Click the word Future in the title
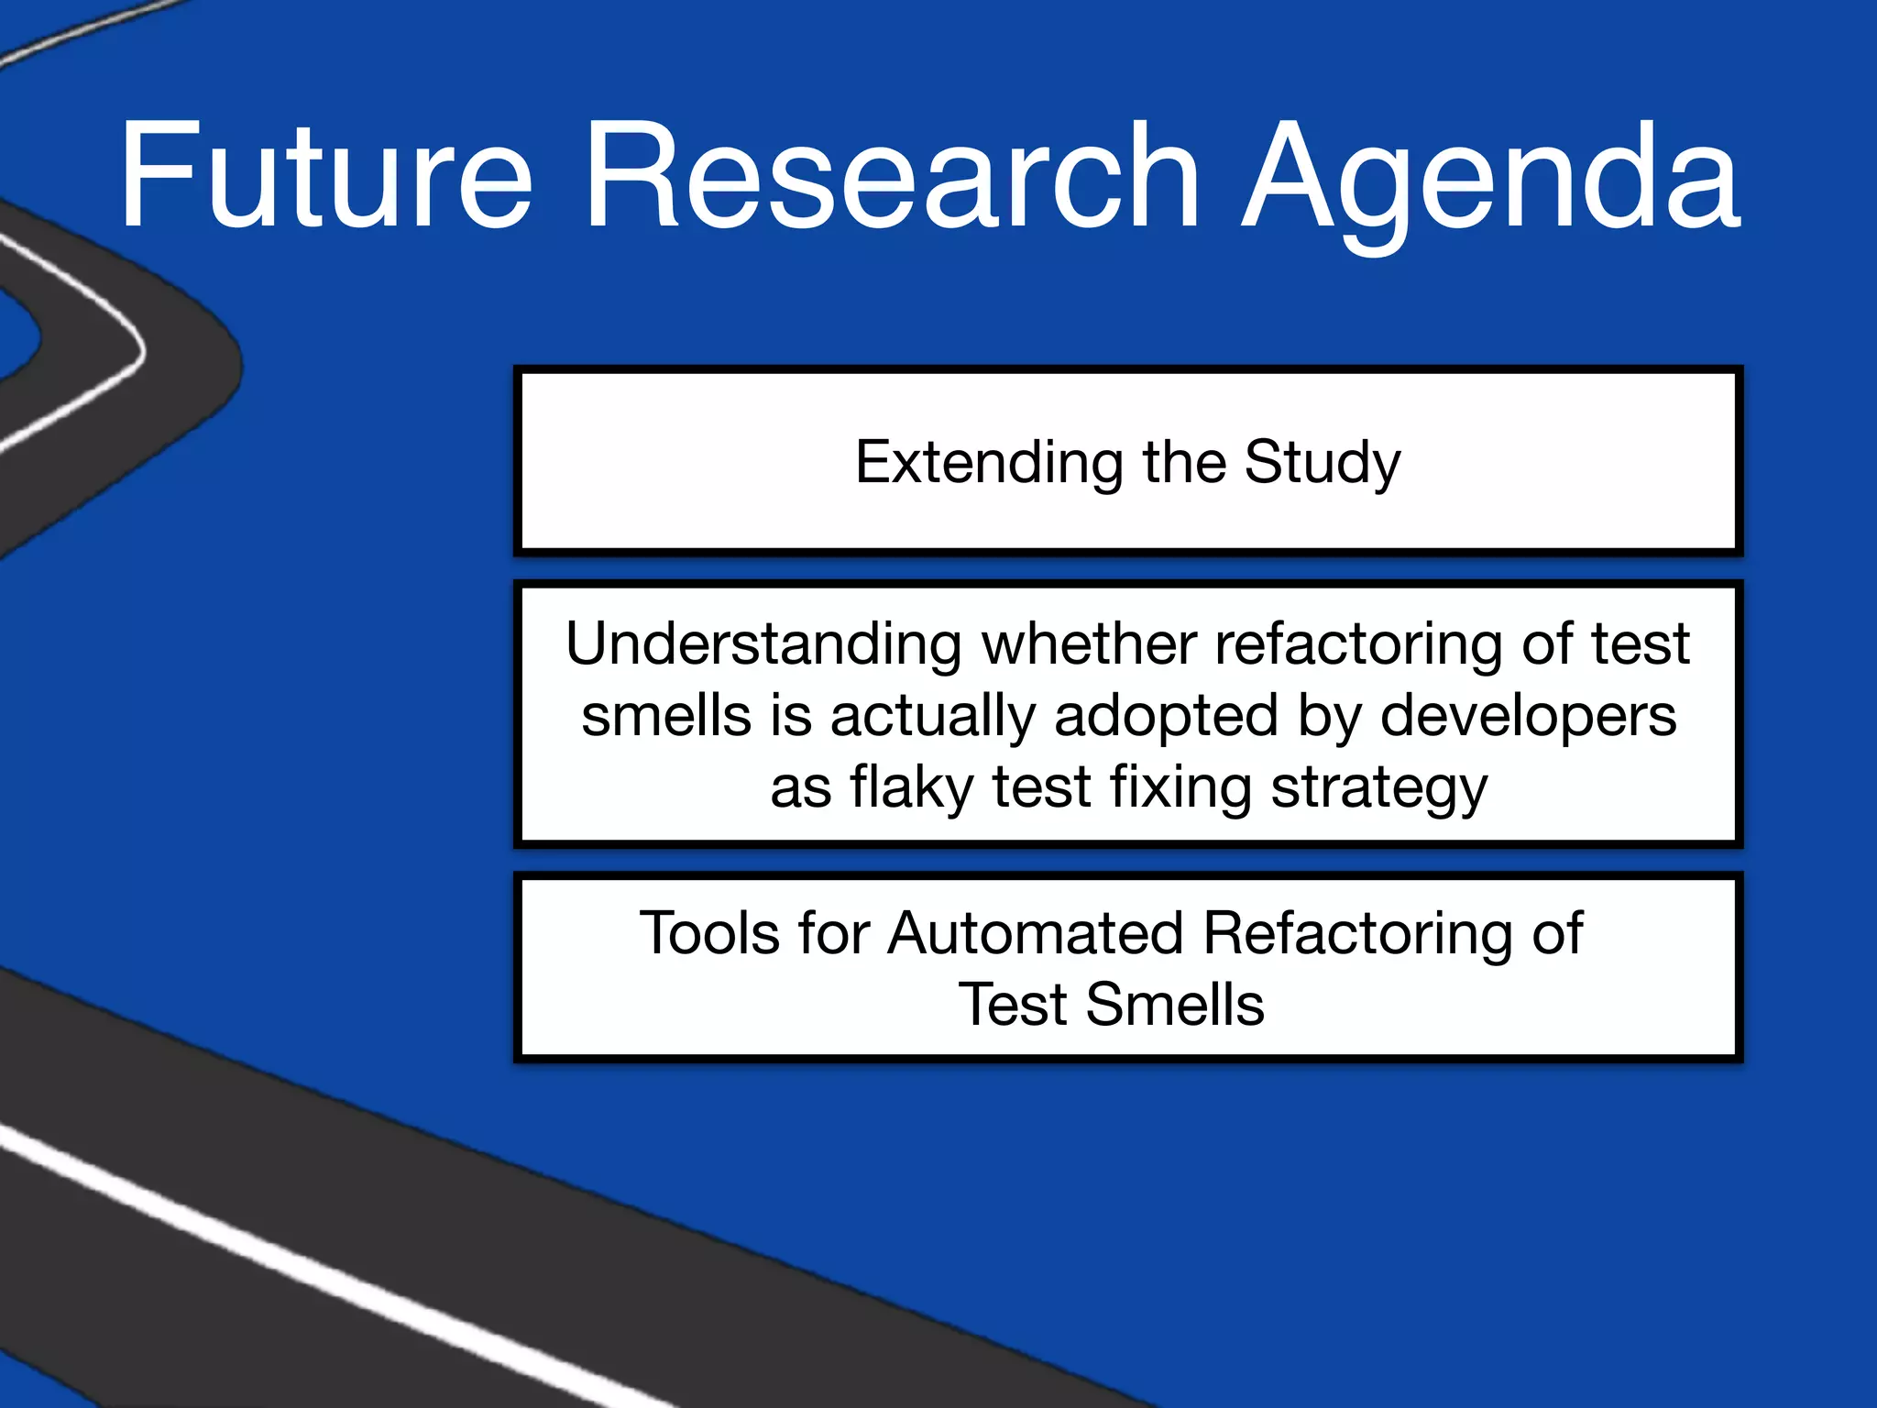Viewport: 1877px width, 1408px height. (x=325, y=176)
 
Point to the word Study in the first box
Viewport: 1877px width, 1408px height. (x=1322, y=464)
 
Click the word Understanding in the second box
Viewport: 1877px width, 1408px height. (x=763, y=644)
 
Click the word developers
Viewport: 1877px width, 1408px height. (x=1528, y=718)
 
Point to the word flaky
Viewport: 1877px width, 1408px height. (x=911, y=788)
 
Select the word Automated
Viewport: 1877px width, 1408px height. (x=1035, y=933)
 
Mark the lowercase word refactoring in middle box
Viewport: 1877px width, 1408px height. (x=1357, y=644)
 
